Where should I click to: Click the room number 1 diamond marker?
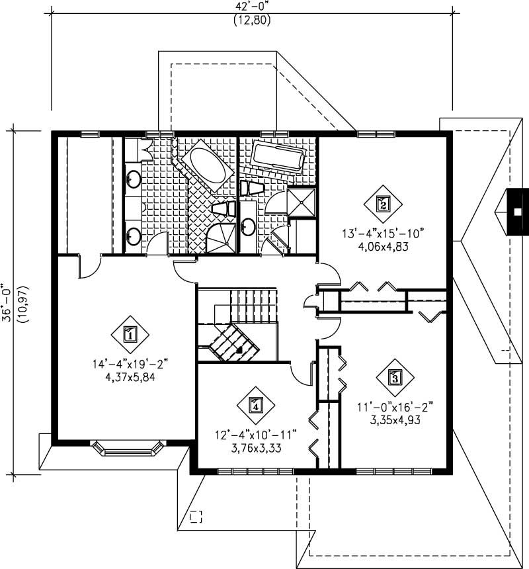130,334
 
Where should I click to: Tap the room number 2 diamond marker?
383,203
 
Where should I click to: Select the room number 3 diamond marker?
395,378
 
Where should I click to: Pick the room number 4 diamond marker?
255,405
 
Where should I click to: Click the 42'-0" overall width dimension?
252,7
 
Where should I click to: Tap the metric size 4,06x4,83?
382,244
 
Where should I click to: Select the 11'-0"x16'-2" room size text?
396,407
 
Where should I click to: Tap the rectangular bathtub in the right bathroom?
278,157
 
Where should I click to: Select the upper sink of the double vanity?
133,178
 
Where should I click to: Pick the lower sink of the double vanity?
133,235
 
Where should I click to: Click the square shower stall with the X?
304,202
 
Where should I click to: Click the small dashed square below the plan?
195,517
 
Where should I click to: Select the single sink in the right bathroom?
248,227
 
